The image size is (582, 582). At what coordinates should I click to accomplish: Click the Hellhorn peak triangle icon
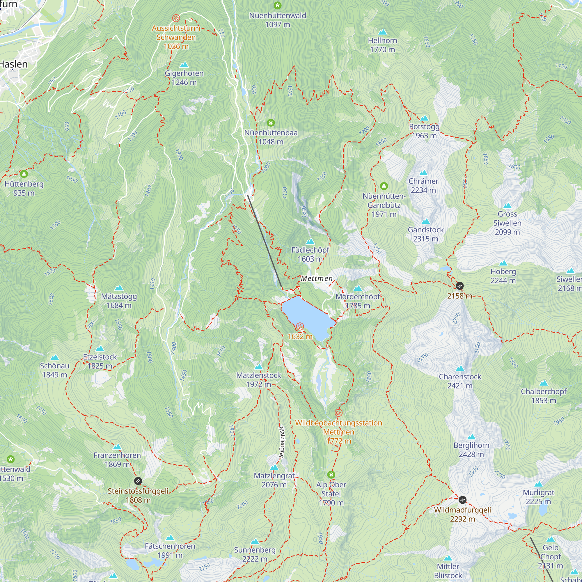(x=382, y=32)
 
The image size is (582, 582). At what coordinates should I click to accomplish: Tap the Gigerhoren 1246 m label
(x=184, y=78)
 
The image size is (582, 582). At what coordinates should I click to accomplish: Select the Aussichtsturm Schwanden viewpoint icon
(x=176, y=18)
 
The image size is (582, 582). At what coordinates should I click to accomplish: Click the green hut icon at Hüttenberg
(x=24, y=174)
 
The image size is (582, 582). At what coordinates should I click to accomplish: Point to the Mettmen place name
(x=317, y=278)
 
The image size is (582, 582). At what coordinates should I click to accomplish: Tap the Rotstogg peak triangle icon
(x=424, y=118)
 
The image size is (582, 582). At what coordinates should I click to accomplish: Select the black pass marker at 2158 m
(x=460, y=285)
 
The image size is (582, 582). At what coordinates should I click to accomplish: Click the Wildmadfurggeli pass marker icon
(x=462, y=500)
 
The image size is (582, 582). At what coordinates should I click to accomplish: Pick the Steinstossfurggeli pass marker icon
(x=138, y=481)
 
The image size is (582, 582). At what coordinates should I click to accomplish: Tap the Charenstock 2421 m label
(x=460, y=381)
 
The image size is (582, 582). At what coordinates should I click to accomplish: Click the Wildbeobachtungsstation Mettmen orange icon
(x=339, y=413)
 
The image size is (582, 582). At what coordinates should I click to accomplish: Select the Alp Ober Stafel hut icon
(x=331, y=475)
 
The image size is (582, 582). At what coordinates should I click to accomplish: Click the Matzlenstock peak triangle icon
(x=258, y=367)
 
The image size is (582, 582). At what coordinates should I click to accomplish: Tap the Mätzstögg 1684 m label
(x=119, y=301)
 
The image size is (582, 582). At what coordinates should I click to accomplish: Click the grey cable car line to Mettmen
(x=265, y=241)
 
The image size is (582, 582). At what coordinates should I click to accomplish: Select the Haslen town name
(x=14, y=64)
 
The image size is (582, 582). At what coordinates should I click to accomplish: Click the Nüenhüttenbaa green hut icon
(x=271, y=123)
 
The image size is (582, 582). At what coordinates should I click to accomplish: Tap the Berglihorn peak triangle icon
(x=471, y=437)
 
